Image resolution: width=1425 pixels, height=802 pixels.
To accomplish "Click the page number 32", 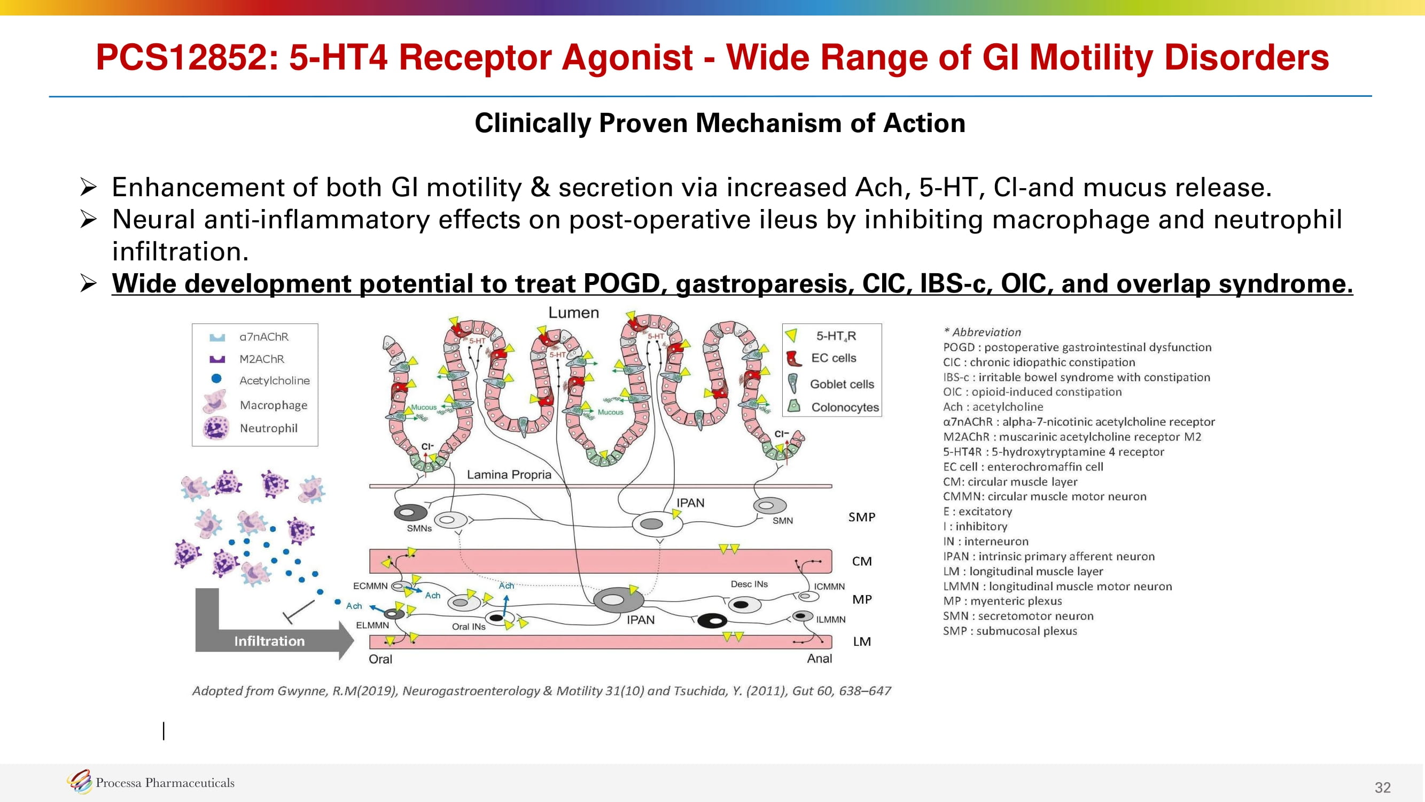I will [1382, 787].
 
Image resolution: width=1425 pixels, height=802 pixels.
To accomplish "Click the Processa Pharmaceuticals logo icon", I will [79, 782].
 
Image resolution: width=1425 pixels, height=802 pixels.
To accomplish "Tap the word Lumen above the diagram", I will [573, 313].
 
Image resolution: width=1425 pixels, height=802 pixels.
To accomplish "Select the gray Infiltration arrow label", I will [269, 641].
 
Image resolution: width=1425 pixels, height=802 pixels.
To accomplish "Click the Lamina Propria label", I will [508, 474].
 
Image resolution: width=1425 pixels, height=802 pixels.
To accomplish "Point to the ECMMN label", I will [370, 585].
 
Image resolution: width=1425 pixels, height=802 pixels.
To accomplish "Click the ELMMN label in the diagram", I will [372, 625].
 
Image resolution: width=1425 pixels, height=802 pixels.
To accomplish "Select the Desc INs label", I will [749, 584].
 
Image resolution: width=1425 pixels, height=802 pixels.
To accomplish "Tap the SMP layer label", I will [861, 517].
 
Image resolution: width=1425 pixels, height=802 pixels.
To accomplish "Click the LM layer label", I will [861, 642].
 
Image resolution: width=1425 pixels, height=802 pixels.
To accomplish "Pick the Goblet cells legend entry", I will [842, 384].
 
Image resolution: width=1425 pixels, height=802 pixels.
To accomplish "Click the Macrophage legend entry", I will [273, 405].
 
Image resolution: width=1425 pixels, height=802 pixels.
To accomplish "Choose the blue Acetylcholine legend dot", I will [216, 379].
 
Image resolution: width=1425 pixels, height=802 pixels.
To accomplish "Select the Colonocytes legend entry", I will [844, 407].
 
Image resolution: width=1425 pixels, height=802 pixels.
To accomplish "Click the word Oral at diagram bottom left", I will [380, 659].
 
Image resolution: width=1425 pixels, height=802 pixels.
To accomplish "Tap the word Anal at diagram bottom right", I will [819, 659].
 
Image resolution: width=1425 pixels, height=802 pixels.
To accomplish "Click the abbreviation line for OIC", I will [1032, 392].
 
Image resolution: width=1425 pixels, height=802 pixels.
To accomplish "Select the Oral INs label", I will [468, 627].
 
